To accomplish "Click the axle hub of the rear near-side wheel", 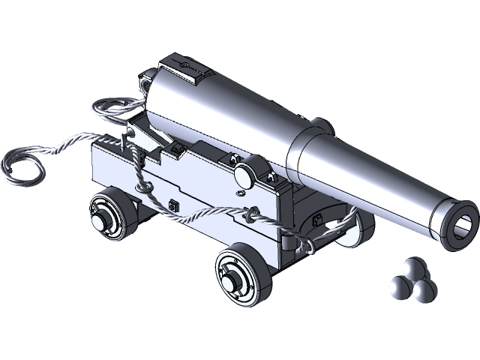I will coord(100,221).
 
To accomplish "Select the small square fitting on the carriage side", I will coord(174,205).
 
